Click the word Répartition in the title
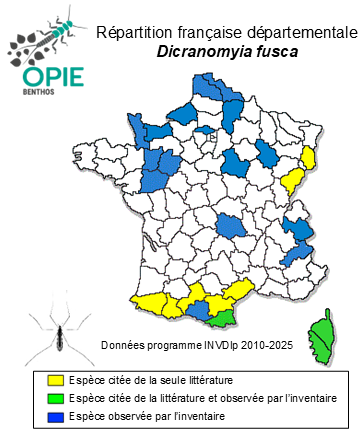tap(128, 34)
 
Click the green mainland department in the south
tap(225, 316)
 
